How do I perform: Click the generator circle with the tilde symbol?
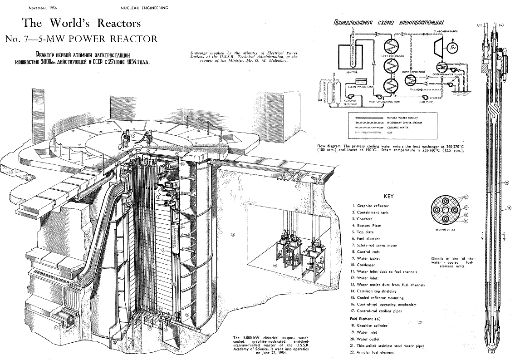tap(453, 47)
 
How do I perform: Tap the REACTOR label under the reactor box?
tap(352, 72)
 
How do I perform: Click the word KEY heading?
tap(389, 197)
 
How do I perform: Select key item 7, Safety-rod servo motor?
tap(377, 245)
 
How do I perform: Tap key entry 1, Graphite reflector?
tap(372, 206)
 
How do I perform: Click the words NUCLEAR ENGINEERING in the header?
tap(144, 8)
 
